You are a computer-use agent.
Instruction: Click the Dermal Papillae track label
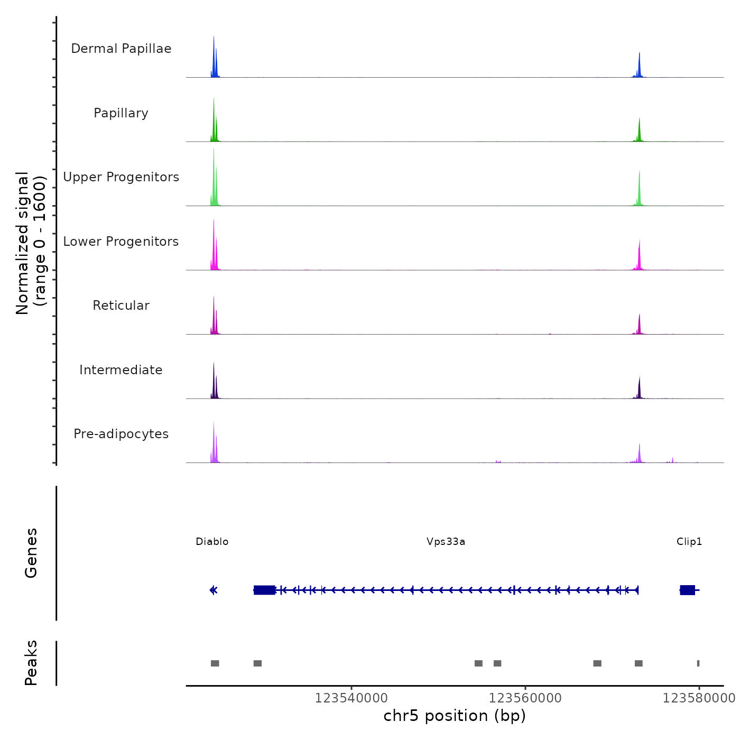tap(121, 49)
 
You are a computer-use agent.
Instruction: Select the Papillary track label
tap(121, 113)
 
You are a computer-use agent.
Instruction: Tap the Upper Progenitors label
tap(121, 177)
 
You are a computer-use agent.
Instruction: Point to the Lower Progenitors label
tap(121, 242)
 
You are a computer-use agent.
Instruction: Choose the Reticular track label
tap(121, 306)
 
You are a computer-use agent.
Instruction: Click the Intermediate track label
tap(121, 370)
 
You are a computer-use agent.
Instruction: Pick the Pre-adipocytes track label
tap(121, 434)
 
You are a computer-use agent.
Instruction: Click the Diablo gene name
tap(212, 541)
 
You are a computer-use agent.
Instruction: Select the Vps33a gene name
tap(446, 541)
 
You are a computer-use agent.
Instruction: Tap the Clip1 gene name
tap(689, 541)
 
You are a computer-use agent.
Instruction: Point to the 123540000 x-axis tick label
tap(351, 698)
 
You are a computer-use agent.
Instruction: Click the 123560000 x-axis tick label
tap(525, 698)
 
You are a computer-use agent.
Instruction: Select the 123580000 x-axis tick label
tap(699, 698)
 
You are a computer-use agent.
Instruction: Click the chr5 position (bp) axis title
tap(455, 716)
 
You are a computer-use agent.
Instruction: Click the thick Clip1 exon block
tap(687, 590)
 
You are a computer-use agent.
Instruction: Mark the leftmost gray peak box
tap(215, 663)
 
